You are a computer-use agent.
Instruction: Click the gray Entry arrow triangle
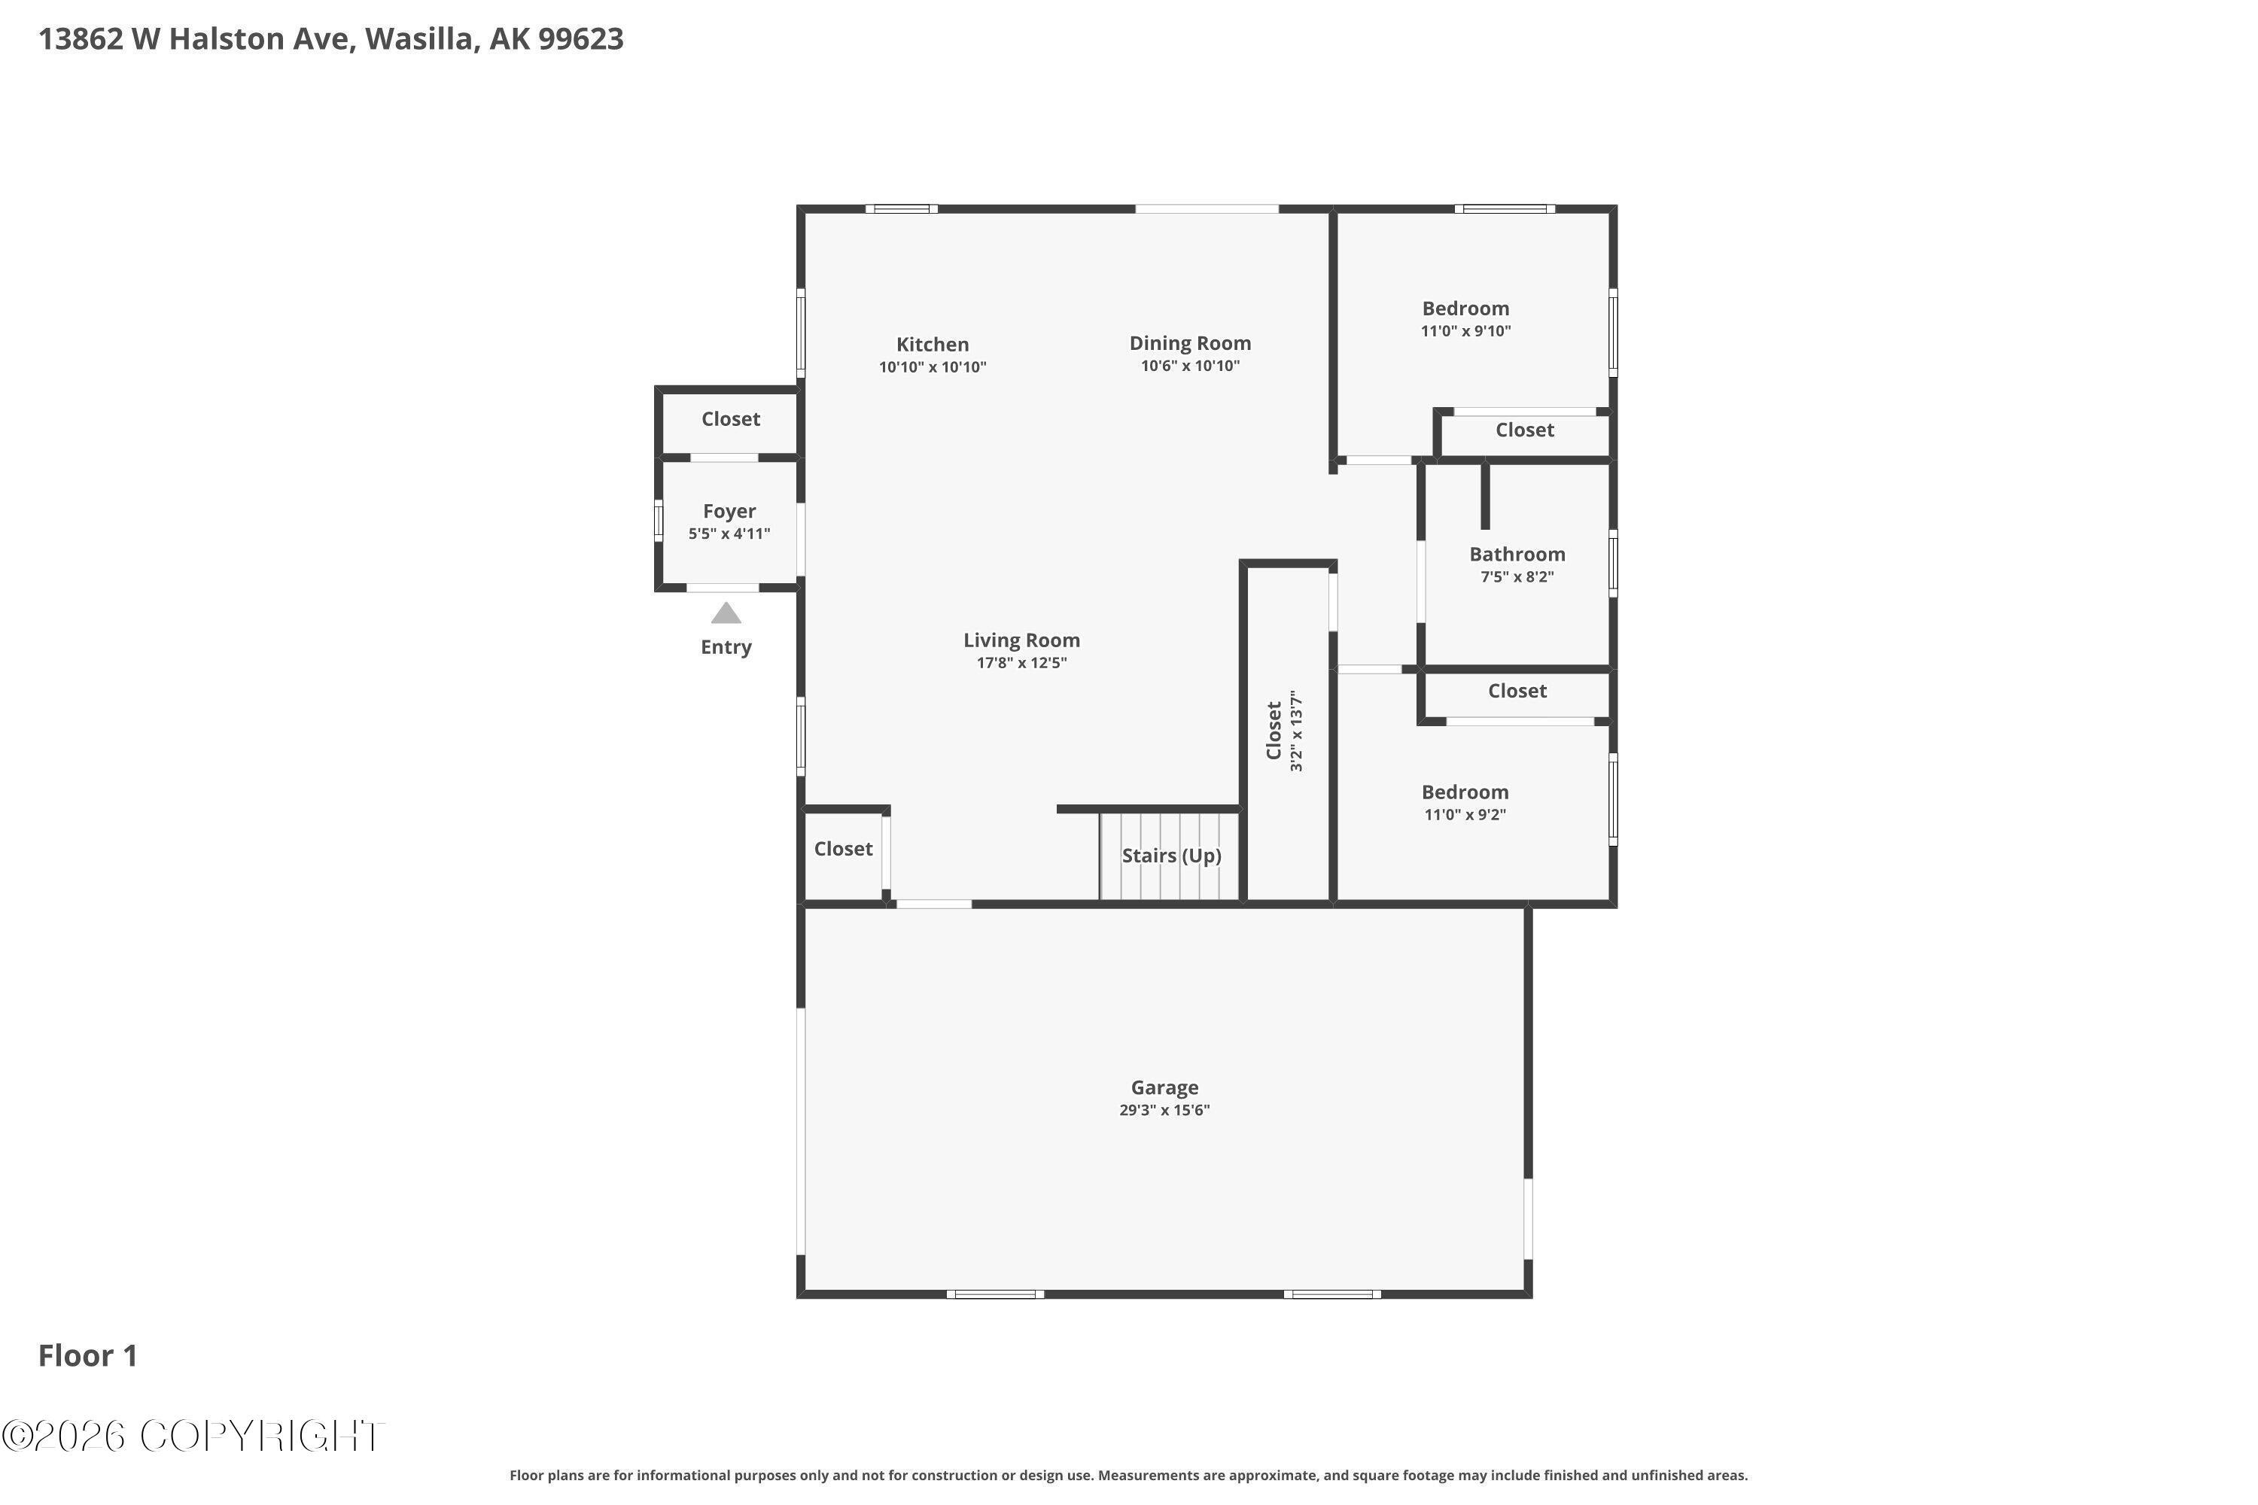[x=726, y=613]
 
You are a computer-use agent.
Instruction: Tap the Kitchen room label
[x=933, y=345]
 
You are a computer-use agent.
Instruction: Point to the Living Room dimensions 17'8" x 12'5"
[x=1021, y=663]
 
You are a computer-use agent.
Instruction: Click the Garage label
[x=1164, y=1087]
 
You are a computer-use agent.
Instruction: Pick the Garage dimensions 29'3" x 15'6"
[x=1164, y=1111]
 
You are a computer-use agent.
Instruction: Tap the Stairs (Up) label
[x=1171, y=855]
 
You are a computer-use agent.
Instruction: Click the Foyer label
[x=729, y=512]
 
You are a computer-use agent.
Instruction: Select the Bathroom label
[x=1517, y=554]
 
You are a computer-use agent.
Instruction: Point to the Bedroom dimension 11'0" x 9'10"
[x=1466, y=331]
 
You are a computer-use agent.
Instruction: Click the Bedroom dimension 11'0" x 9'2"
[x=1465, y=815]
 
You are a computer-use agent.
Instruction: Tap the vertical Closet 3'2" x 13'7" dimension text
[x=1296, y=731]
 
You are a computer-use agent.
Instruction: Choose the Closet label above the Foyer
[x=731, y=418]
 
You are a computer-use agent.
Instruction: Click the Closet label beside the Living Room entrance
[x=843, y=849]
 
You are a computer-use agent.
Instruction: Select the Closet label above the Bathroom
[x=1525, y=430]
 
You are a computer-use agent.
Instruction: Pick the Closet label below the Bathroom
[x=1517, y=691]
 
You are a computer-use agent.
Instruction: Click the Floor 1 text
[x=88, y=1355]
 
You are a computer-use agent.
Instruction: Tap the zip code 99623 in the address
[x=581, y=38]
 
